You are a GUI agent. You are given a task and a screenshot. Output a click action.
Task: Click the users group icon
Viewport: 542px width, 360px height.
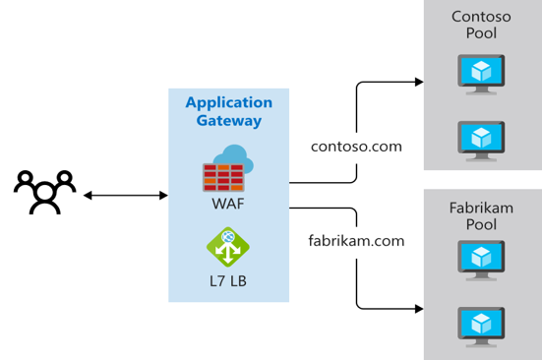[x=44, y=193]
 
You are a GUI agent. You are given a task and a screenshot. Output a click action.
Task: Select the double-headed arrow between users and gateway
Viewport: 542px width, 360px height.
[x=125, y=196]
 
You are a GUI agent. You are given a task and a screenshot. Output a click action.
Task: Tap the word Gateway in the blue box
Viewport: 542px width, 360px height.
[x=228, y=121]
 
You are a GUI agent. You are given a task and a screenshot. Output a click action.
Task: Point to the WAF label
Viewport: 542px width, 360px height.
[x=228, y=205]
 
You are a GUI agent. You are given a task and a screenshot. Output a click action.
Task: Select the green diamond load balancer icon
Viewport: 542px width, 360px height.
[x=227, y=247]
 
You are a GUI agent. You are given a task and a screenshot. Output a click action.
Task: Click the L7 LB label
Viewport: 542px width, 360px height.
[x=228, y=280]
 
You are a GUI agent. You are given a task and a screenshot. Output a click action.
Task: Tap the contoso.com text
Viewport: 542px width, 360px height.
[x=356, y=146]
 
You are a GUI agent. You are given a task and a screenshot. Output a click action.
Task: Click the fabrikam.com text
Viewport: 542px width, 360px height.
[x=357, y=240]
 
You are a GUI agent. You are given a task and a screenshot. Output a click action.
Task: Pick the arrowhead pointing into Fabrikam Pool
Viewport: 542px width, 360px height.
[x=418, y=309]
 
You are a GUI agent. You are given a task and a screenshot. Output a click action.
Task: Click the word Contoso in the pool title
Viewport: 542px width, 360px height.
[x=481, y=16]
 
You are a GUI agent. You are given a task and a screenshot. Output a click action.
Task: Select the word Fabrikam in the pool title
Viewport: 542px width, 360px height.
[x=481, y=209]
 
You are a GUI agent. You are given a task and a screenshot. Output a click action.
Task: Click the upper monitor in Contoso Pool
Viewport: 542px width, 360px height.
[x=481, y=73]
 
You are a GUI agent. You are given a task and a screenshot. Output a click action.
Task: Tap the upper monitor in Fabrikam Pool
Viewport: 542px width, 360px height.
[x=481, y=260]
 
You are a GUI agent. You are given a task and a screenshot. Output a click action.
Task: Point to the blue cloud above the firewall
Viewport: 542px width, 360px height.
[x=234, y=155]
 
